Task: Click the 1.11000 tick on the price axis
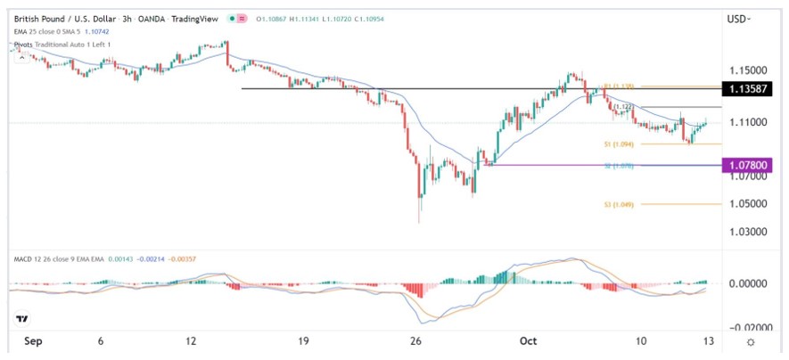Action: pyautogui.click(x=749, y=122)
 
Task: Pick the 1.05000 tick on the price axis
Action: pyautogui.click(x=749, y=203)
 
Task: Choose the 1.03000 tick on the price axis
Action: pyautogui.click(x=749, y=232)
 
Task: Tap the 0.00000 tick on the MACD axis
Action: pyautogui.click(x=749, y=283)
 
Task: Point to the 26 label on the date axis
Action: pyautogui.click(x=415, y=342)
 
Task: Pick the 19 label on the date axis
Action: pyautogui.click(x=303, y=342)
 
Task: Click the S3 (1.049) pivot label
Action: pyautogui.click(x=623, y=203)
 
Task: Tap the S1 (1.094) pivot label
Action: pyautogui.click(x=623, y=143)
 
